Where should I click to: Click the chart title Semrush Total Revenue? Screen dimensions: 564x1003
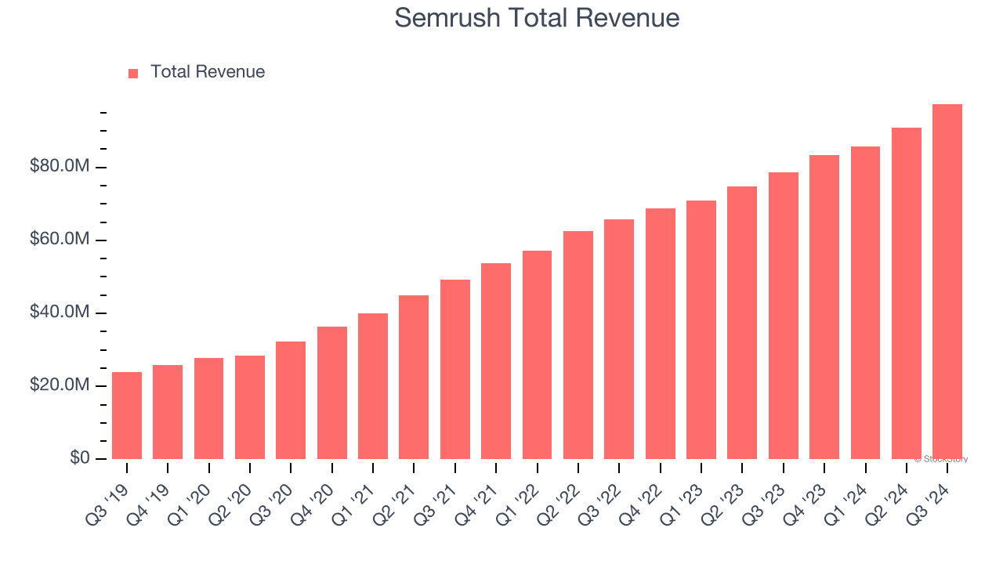click(x=537, y=17)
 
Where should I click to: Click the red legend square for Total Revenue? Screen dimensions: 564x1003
click(x=133, y=73)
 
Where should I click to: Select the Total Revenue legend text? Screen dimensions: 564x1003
click(x=208, y=72)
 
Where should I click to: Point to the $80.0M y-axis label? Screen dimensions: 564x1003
click(x=60, y=167)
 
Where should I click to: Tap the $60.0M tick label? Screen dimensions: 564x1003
click(x=60, y=240)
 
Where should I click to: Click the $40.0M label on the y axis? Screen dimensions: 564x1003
click(x=60, y=313)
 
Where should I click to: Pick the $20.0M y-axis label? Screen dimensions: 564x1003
click(x=60, y=385)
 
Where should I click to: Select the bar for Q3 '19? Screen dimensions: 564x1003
click(x=127, y=415)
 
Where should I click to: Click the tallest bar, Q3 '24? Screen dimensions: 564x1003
click(x=947, y=282)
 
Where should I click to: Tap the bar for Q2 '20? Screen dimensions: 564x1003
click(x=250, y=407)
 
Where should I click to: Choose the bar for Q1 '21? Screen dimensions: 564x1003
click(x=373, y=386)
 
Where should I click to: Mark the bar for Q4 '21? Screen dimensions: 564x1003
click(x=496, y=361)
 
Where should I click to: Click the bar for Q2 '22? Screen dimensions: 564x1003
click(x=578, y=345)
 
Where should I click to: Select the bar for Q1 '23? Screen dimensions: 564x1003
click(x=701, y=330)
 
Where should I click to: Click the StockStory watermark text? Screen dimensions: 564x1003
click(x=941, y=459)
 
